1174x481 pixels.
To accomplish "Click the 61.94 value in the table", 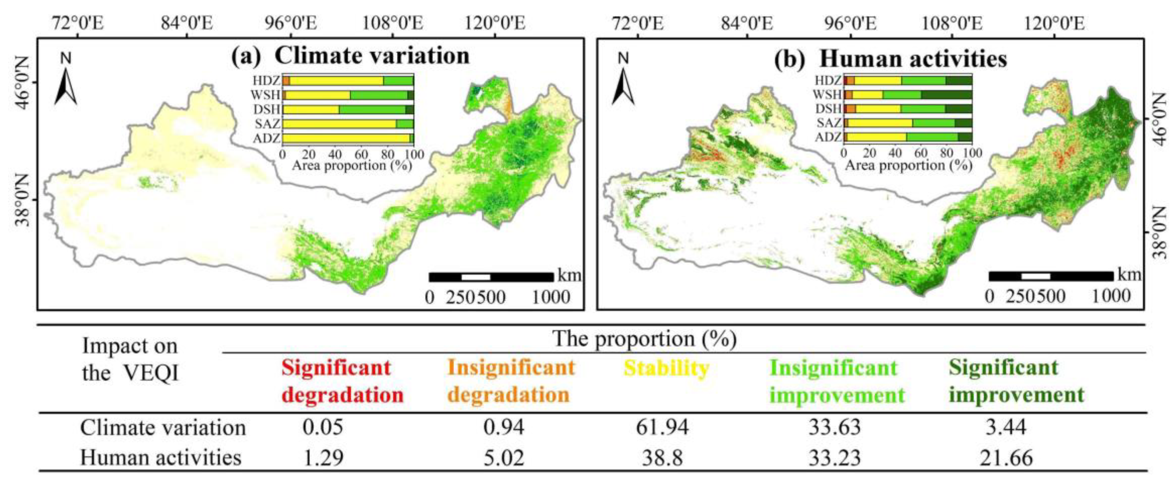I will click(662, 428).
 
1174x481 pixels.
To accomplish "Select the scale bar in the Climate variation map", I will click(491, 277).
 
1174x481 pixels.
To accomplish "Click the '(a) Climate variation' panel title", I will click(350, 56).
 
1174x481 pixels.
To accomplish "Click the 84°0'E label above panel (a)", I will click(186, 23).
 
